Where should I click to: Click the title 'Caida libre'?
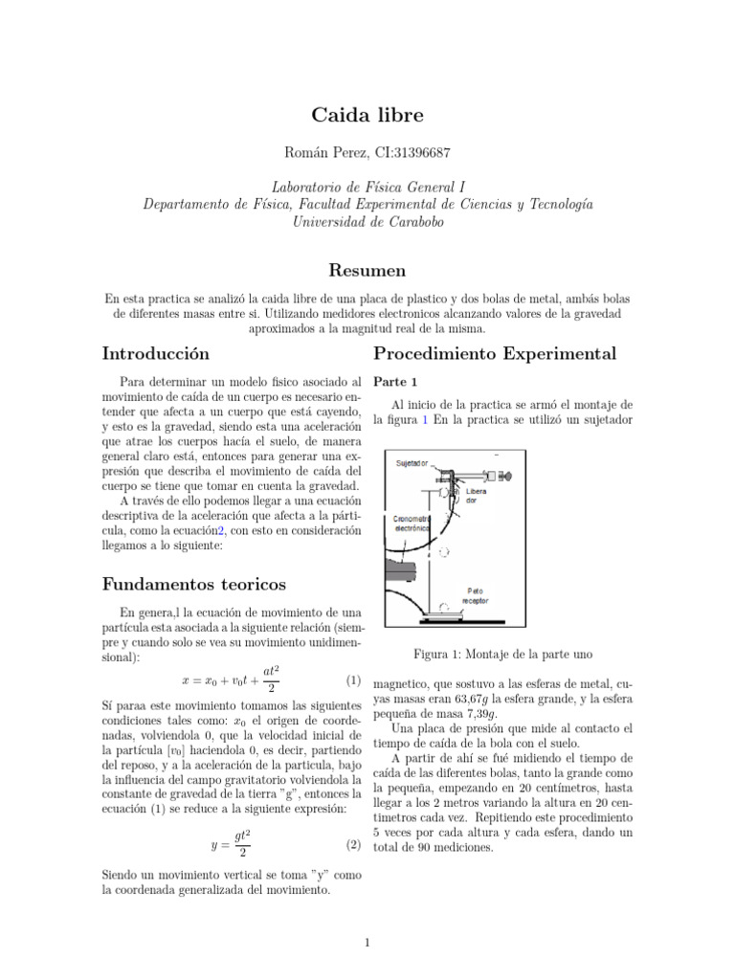pos(367,116)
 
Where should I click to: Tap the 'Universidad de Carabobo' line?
pos(367,221)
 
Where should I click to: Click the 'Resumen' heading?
pos(367,270)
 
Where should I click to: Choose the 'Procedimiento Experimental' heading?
pos(495,353)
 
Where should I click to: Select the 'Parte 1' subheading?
pos(393,382)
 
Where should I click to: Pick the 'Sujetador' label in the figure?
pos(412,463)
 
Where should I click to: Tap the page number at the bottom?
pos(367,943)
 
